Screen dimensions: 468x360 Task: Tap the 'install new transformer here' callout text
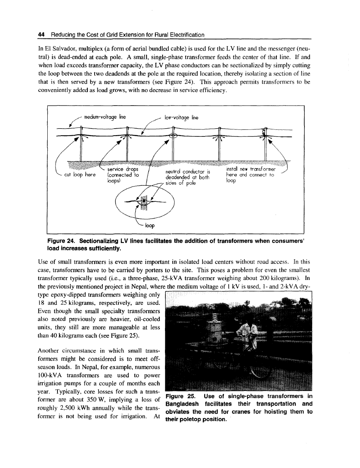tap(250, 175)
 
